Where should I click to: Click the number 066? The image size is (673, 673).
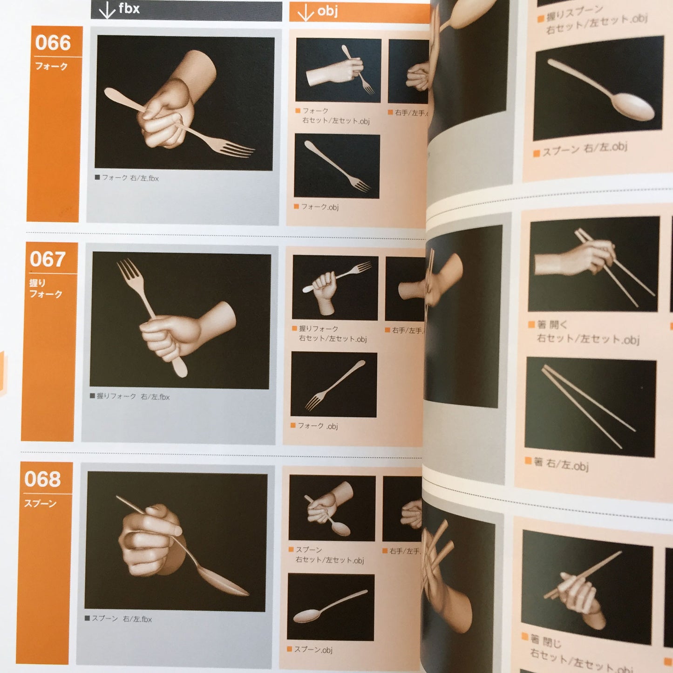(53, 43)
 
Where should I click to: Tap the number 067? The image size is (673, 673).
(47, 259)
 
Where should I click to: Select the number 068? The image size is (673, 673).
(42, 479)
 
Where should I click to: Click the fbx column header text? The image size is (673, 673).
(129, 8)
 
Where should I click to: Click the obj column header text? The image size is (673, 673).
(327, 11)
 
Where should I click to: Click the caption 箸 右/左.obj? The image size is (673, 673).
(561, 463)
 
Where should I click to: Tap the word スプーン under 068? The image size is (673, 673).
(41, 503)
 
